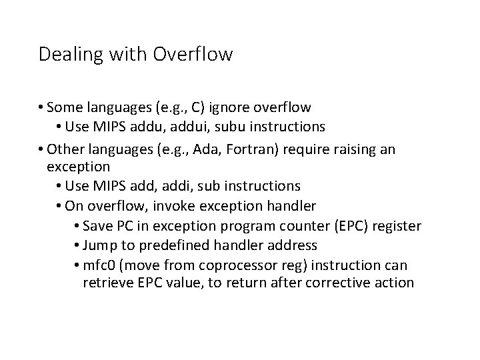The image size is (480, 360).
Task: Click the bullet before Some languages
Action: (41, 107)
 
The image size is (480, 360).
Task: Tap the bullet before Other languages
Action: (41, 149)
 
